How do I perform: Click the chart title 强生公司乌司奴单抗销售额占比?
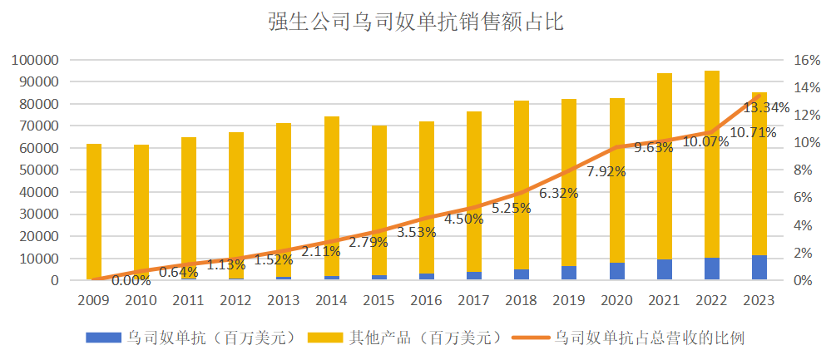coord(415,22)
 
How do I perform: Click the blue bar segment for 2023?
coord(759,268)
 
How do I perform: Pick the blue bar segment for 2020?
coord(616,271)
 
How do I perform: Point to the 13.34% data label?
coord(766,107)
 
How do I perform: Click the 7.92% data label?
coord(605,172)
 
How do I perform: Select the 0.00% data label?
coord(131,280)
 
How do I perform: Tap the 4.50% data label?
coord(463,219)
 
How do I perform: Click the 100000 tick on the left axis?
coord(34,60)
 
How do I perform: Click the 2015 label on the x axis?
coord(378,299)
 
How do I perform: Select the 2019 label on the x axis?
coord(569,299)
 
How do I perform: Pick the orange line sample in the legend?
coord(528,337)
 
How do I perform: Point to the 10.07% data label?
coord(704,141)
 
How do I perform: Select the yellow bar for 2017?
coord(474,191)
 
